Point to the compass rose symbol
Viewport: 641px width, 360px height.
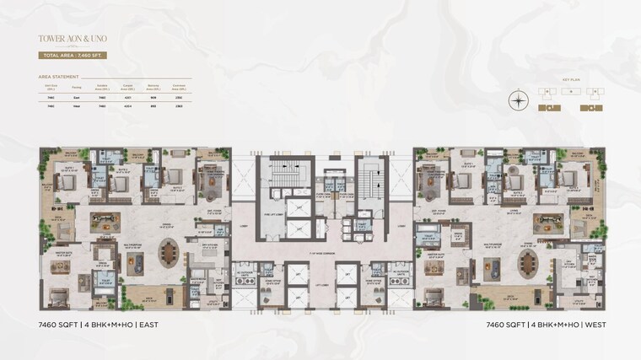[x=518, y=100]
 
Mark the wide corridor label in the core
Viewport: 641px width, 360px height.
[x=320, y=251]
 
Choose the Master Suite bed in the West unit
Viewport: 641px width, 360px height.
[x=431, y=297]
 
